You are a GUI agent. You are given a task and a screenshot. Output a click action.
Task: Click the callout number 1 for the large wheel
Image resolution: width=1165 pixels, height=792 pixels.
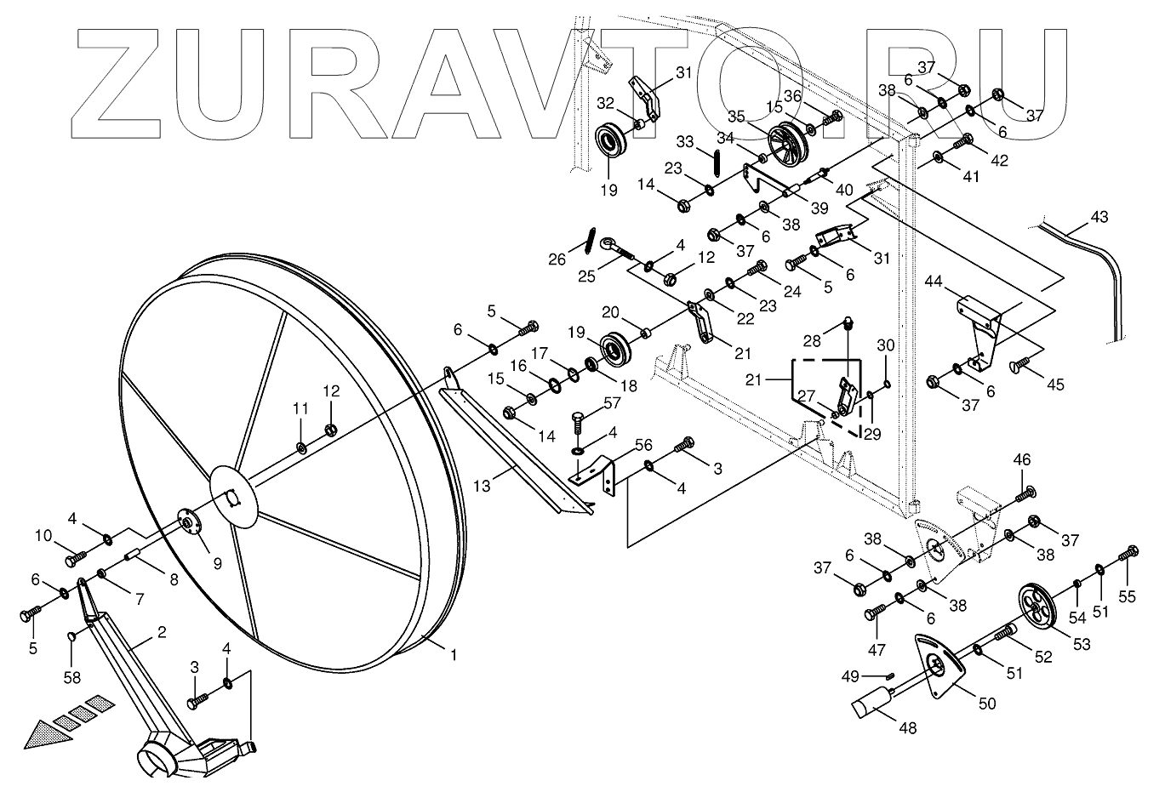click(454, 656)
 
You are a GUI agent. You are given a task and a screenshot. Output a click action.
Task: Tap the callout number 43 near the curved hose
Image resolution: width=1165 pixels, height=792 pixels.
click(1099, 217)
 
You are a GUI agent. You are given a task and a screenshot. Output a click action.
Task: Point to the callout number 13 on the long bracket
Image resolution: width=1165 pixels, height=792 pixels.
click(483, 486)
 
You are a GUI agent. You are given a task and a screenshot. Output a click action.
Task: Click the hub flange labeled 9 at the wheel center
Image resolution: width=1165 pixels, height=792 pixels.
click(187, 522)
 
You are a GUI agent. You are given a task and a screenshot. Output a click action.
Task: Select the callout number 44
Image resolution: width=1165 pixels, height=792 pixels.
click(934, 281)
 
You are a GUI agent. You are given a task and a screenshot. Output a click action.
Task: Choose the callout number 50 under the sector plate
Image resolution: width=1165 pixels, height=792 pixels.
click(986, 704)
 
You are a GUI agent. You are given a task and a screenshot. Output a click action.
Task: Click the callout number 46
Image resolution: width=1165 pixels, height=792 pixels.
click(1022, 460)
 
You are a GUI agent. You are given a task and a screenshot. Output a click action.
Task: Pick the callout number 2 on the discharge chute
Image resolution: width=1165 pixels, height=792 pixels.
click(161, 632)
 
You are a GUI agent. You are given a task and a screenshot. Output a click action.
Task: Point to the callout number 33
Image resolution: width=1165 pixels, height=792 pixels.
click(686, 140)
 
